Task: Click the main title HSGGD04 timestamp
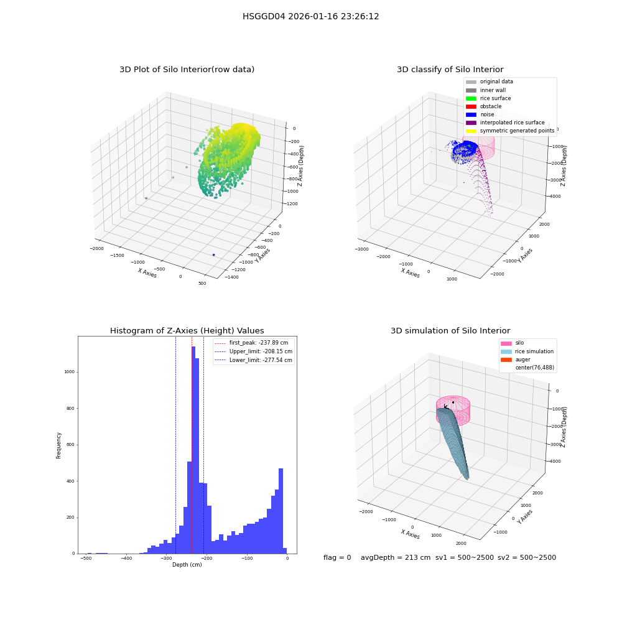pyautogui.click(x=310, y=17)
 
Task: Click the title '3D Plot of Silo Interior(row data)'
pyautogui.click(x=187, y=70)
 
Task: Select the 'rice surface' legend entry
pyautogui.click(x=488, y=98)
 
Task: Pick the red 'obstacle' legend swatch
pyautogui.click(x=471, y=106)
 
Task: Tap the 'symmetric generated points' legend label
pyautogui.click(x=518, y=131)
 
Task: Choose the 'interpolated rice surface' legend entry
pyautogui.click(x=505, y=123)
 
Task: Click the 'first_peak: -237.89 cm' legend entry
pyautogui.click(x=251, y=343)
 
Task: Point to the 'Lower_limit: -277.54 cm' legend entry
pyautogui.click(x=254, y=360)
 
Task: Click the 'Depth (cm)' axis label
pyautogui.click(x=187, y=565)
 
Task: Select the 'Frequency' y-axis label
pyautogui.click(x=58, y=445)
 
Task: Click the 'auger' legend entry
pyautogui.click(x=516, y=360)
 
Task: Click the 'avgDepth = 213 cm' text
pyautogui.click(x=396, y=557)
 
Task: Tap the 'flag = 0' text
pyautogui.click(x=337, y=557)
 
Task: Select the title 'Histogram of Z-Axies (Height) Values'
pyautogui.click(x=187, y=331)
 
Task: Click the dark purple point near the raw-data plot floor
pyautogui.click(x=214, y=254)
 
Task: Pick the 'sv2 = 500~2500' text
pyautogui.click(x=527, y=557)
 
